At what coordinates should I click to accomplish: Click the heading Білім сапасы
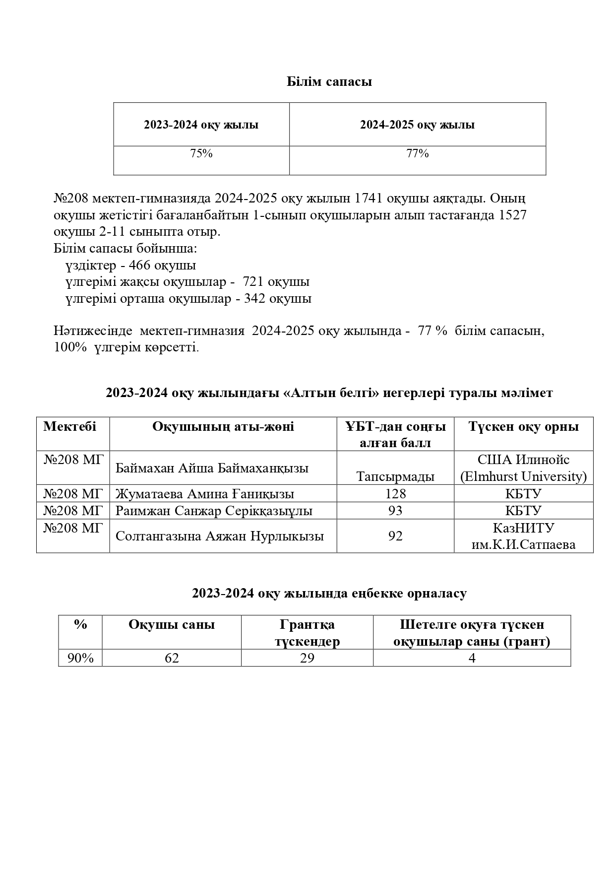329,82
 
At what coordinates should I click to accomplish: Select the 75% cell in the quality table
201,154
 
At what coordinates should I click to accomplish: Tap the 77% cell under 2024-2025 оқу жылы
418,154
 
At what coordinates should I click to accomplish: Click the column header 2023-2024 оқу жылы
201,125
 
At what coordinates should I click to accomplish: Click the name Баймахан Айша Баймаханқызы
212,468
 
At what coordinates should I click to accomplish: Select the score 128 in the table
395,494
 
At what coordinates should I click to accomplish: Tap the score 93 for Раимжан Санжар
395,511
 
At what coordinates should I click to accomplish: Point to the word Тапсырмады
395,477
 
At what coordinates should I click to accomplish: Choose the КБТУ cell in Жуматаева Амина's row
523,494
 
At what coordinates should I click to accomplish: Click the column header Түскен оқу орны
523,427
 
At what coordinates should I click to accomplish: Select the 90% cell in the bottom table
80,658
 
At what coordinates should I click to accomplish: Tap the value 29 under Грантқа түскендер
307,658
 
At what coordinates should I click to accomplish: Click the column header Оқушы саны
172,625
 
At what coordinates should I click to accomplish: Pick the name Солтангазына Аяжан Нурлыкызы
220,536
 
